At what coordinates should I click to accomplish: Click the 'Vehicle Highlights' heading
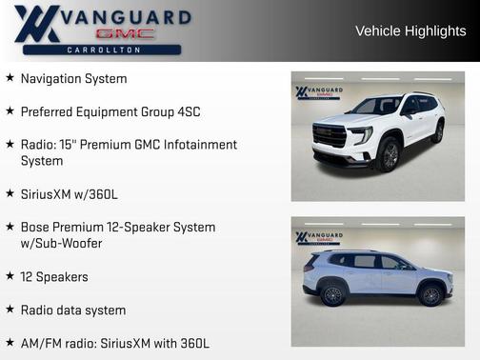pyautogui.click(x=410, y=30)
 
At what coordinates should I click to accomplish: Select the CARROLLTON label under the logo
pyautogui.click(x=105, y=50)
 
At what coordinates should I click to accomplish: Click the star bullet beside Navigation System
pyautogui.click(x=10, y=78)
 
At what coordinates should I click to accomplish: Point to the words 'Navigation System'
pyautogui.click(x=73, y=79)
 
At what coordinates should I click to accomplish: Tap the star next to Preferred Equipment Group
pyautogui.click(x=10, y=111)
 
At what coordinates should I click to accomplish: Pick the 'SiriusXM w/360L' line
pyautogui.click(x=69, y=194)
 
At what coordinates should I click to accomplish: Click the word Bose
pyautogui.click(x=36, y=228)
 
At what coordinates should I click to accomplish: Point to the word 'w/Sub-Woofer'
pyautogui.click(x=61, y=244)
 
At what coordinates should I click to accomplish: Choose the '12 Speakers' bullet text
pyautogui.click(x=53, y=277)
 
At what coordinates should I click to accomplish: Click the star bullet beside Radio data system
pyautogui.click(x=10, y=310)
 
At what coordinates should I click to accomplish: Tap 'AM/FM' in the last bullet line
pyautogui.click(x=41, y=343)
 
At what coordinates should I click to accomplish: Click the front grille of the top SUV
pyautogui.click(x=330, y=135)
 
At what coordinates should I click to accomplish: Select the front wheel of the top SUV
pyautogui.click(x=388, y=154)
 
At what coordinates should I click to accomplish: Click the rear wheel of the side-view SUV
pyautogui.click(x=332, y=294)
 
